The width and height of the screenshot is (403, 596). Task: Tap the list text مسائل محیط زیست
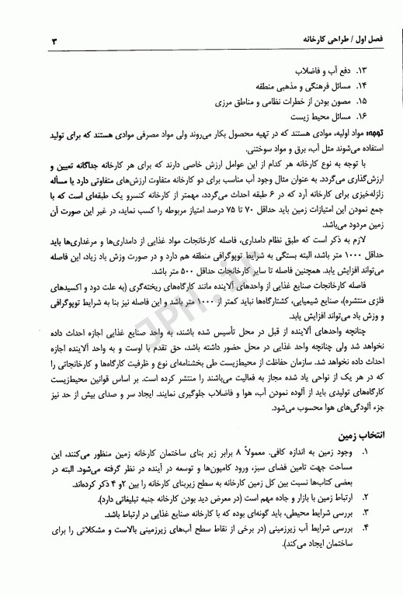(x=334, y=116)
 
